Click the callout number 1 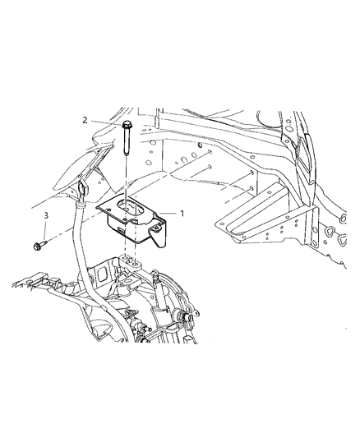184,213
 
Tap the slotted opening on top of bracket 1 133,208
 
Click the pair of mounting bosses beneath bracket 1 128,261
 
